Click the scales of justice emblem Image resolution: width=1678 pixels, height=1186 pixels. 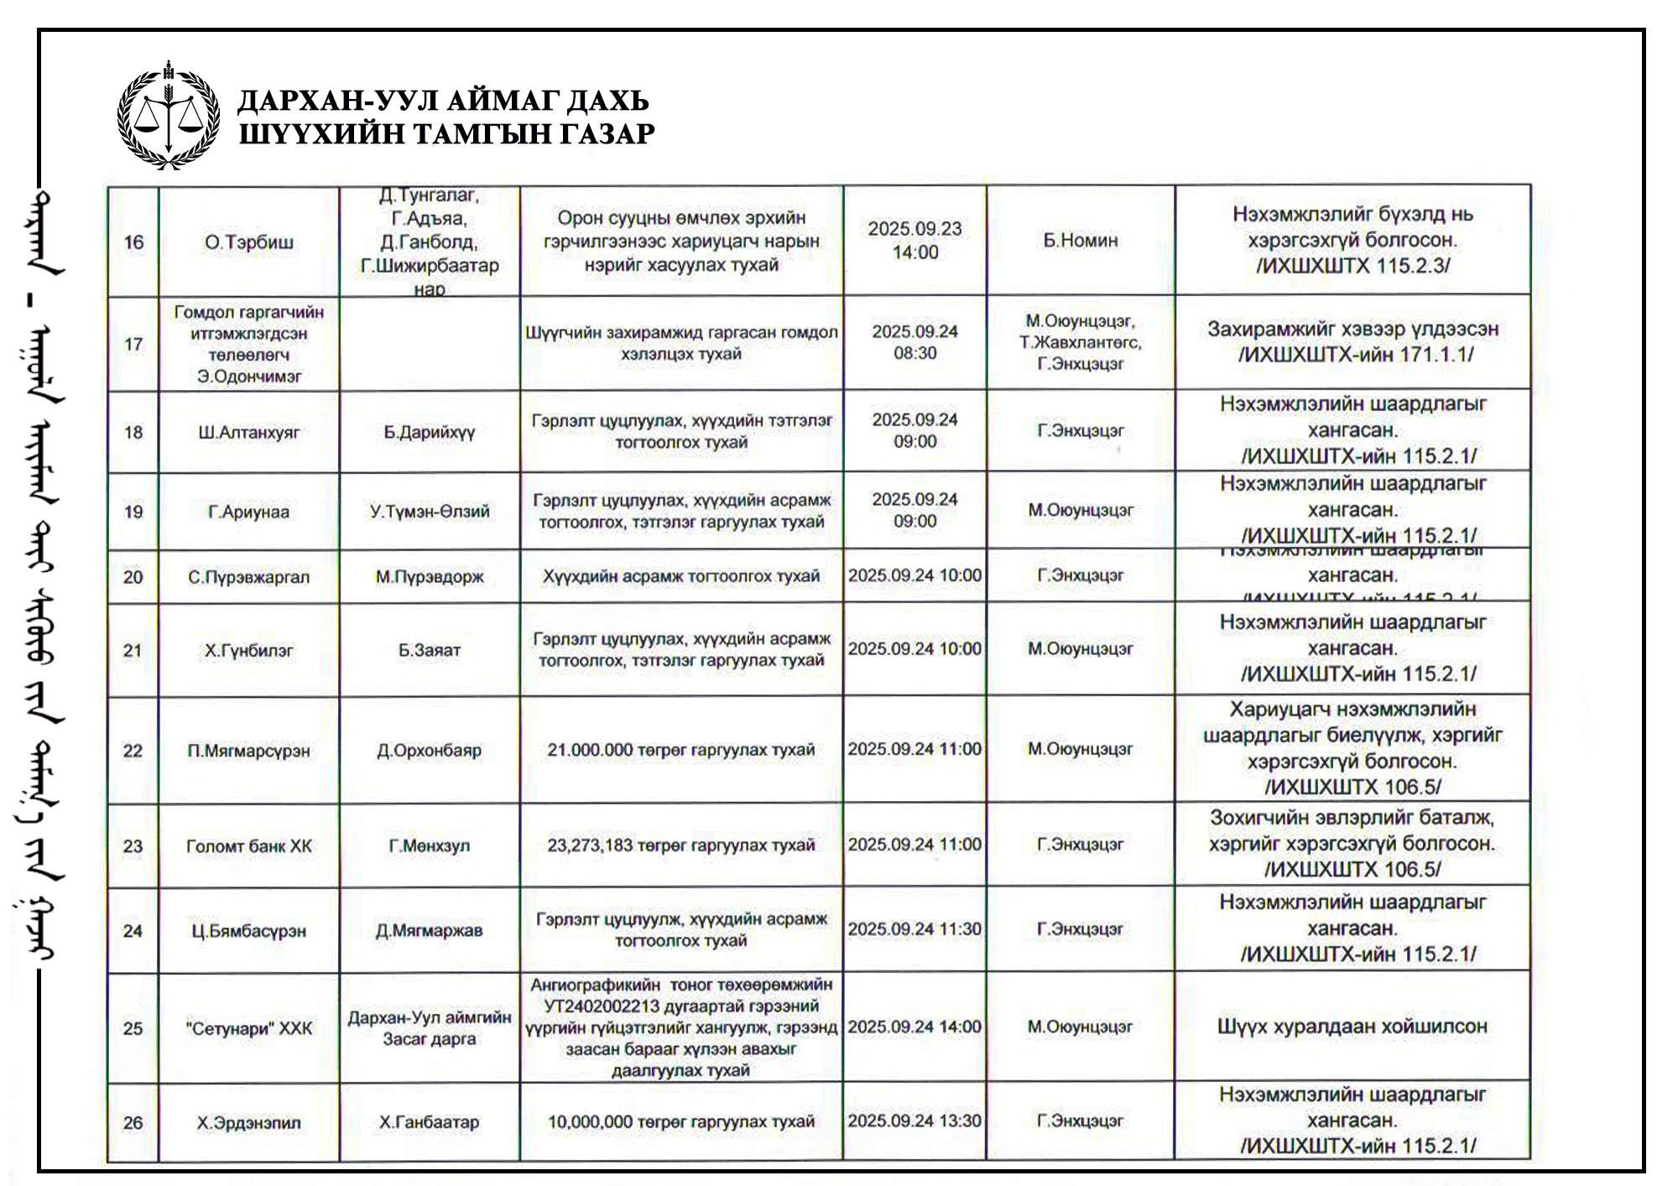(169, 116)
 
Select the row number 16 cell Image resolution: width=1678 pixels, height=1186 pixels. (133, 242)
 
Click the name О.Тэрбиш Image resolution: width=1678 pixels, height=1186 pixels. (249, 242)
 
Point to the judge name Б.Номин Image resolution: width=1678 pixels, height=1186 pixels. (1081, 241)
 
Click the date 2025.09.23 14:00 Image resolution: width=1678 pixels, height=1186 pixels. (915, 241)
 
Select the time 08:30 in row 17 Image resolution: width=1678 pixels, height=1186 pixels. (915, 353)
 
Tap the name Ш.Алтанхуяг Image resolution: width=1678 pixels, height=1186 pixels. (249, 433)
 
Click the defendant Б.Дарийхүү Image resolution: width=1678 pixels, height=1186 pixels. (430, 433)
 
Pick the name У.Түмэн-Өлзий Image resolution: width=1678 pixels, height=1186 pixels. (430, 512)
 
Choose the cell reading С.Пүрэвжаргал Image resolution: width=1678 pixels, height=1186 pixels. (249, 577)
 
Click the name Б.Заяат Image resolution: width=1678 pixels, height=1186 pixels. (430, 650)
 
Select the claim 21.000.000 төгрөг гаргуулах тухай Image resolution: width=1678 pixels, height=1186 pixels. (681, 750)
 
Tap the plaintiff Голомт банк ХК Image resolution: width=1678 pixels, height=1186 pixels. (249, 846)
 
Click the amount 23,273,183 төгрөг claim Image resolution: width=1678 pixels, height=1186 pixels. (681, 845)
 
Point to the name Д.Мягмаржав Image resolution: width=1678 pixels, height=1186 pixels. (430, 930)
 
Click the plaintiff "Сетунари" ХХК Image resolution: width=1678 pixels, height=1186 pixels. (249, 1028)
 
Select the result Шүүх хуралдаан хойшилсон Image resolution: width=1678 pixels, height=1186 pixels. (1352, 1027)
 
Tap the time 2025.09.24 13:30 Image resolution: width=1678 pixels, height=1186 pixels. (915, 1121)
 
